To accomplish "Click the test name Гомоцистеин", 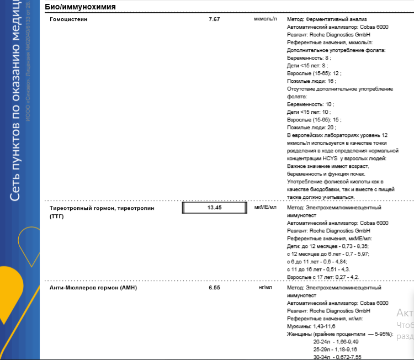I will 68,19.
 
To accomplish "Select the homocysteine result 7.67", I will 214,19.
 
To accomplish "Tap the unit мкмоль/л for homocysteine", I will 265,19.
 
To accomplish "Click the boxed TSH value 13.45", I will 214,208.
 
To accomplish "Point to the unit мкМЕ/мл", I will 265,208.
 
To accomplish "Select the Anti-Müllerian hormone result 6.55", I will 214,288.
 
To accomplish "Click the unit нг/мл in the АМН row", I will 266,288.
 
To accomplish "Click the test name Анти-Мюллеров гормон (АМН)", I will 93,288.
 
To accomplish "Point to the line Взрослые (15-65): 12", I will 314,73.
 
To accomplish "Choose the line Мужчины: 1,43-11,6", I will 311,327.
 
